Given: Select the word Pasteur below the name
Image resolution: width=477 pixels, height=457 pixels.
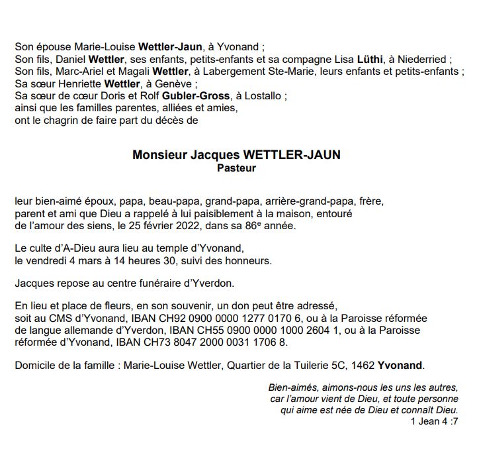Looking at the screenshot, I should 236,168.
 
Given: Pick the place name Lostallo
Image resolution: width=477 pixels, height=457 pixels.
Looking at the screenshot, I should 264,95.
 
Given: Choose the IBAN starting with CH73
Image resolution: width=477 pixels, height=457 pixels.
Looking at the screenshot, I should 202,342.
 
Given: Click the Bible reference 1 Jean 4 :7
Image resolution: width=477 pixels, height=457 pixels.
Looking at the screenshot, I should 434,421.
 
